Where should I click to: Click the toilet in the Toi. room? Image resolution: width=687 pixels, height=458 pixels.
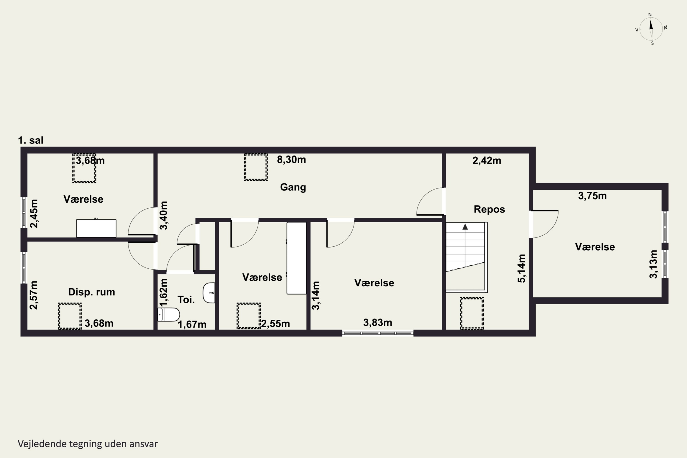(x=169, y=315)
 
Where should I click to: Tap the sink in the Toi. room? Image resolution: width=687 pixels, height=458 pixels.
(x=209, y=293)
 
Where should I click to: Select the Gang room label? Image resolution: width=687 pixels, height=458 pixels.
(x=293, y=187)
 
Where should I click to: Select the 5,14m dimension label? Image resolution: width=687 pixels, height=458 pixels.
(x=521, y=268)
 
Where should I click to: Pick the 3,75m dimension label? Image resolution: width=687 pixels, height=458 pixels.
(x=592, y=196)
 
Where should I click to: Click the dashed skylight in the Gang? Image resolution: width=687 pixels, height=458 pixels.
(x=256, y=167)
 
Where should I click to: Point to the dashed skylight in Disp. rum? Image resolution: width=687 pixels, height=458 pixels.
(x=70, y=316)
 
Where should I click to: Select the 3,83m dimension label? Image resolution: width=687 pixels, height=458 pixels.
(x=377, y=322)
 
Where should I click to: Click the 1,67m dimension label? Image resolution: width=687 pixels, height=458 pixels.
(x=192, y=324)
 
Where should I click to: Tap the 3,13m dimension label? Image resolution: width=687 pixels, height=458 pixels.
(x=653, y=264)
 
